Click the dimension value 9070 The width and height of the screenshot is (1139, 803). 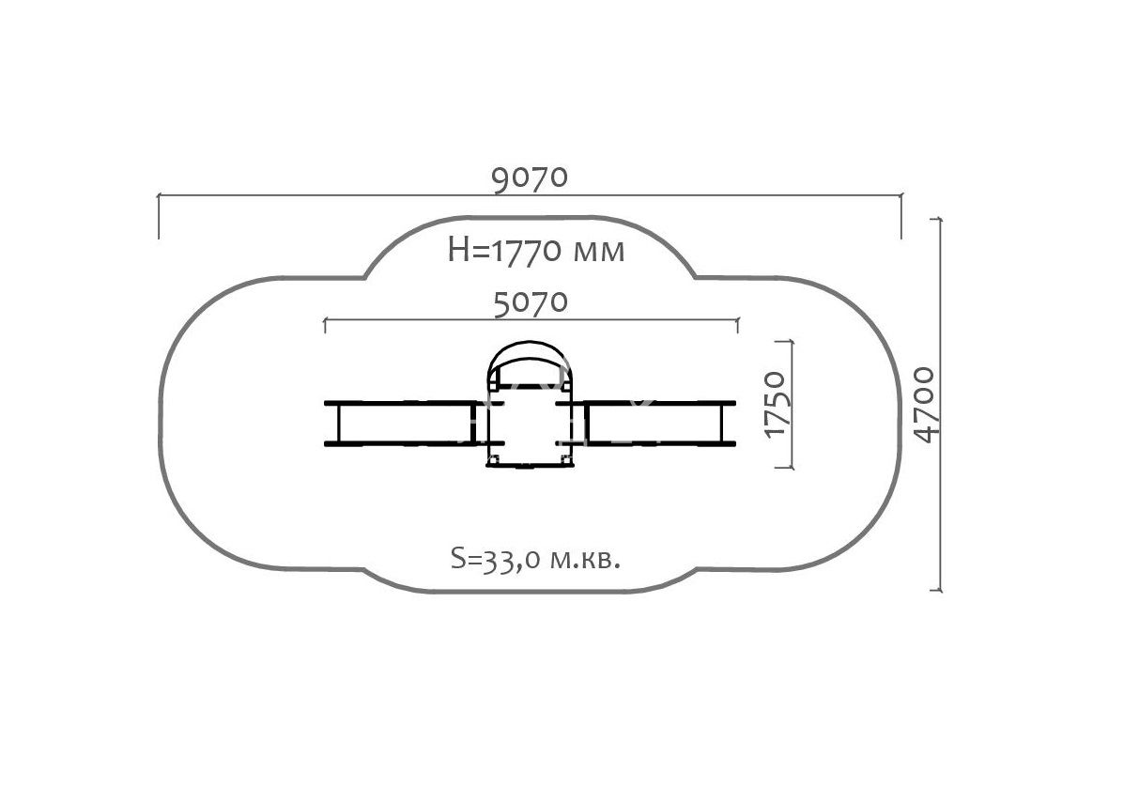click(x=530, y=179)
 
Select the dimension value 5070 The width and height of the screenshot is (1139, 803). click(x=531, y=303)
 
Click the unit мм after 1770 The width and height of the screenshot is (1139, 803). click(x=599, y=254)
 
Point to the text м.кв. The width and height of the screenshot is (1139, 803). click(x=586, y=561)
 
